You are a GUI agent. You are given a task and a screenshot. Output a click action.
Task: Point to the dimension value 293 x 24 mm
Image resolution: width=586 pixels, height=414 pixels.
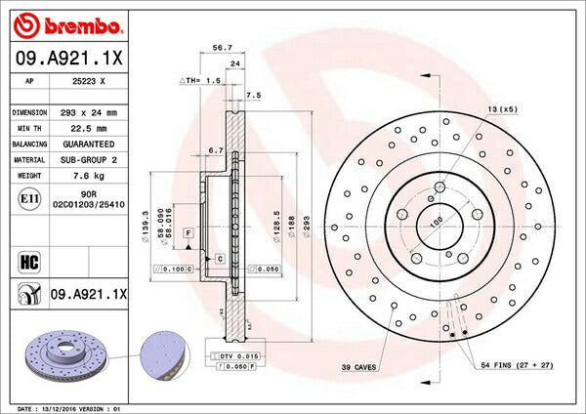(x=95, y=112)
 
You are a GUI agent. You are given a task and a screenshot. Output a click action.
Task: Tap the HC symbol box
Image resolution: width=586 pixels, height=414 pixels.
(x=27, y=262)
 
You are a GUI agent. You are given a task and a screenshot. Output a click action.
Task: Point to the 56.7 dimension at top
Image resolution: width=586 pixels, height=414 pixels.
(x=221, y=46)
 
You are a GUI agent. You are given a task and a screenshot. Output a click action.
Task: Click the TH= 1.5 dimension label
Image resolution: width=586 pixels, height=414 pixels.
(x=198, y=80)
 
